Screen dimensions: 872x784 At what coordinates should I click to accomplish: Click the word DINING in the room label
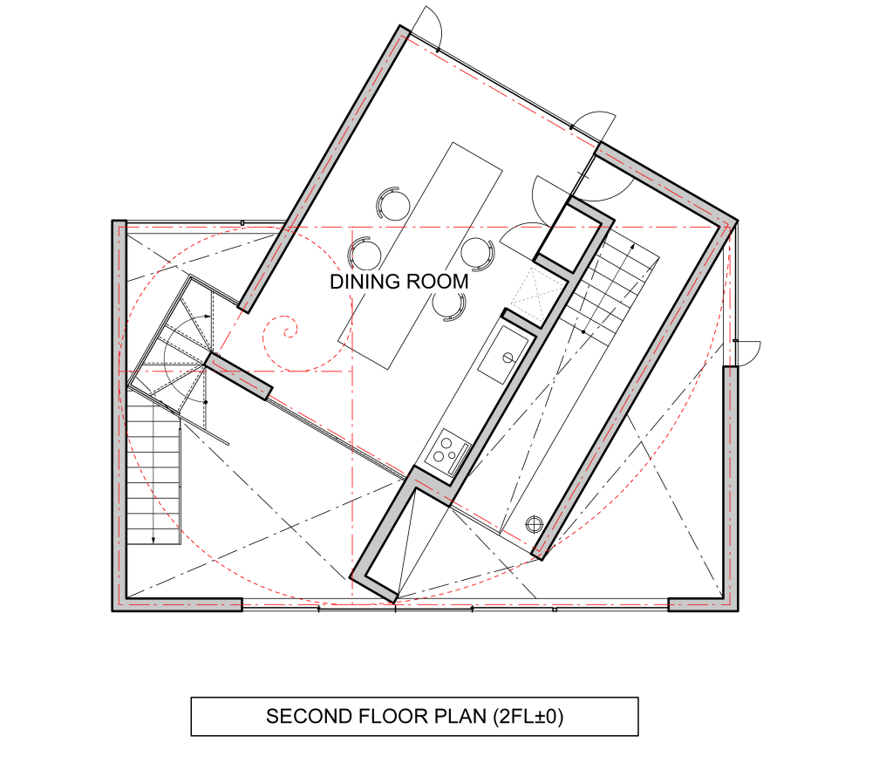[364, 282]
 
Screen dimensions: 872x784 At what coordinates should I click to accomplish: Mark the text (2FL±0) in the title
[528, 716]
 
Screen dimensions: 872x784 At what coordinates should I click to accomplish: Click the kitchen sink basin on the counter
[504, 355]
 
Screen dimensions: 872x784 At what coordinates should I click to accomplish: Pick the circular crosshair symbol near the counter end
[534, 524]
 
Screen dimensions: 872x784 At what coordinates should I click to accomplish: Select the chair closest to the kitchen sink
[477, 253]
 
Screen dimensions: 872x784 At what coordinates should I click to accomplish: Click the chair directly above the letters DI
[364, 254]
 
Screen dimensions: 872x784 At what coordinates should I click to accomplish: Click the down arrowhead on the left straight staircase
[153, 540]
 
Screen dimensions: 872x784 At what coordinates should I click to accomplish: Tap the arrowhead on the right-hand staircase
[632, 246]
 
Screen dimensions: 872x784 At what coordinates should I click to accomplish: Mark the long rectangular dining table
[420, 256]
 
